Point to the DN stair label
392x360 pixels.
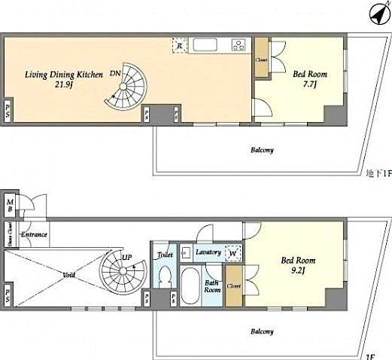click(114, 73)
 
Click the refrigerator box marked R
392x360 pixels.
click(179, 46)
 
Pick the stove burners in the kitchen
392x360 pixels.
click(239, 45)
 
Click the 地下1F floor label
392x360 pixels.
click(378, 174)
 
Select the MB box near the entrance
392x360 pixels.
click(10, 205)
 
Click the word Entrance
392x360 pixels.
click(35, 234)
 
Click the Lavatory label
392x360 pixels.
click(207, 252)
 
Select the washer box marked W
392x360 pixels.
click(233, 255)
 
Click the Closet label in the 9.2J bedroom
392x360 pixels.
click(234, 287)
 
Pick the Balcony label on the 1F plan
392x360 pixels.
click(263, 332)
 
